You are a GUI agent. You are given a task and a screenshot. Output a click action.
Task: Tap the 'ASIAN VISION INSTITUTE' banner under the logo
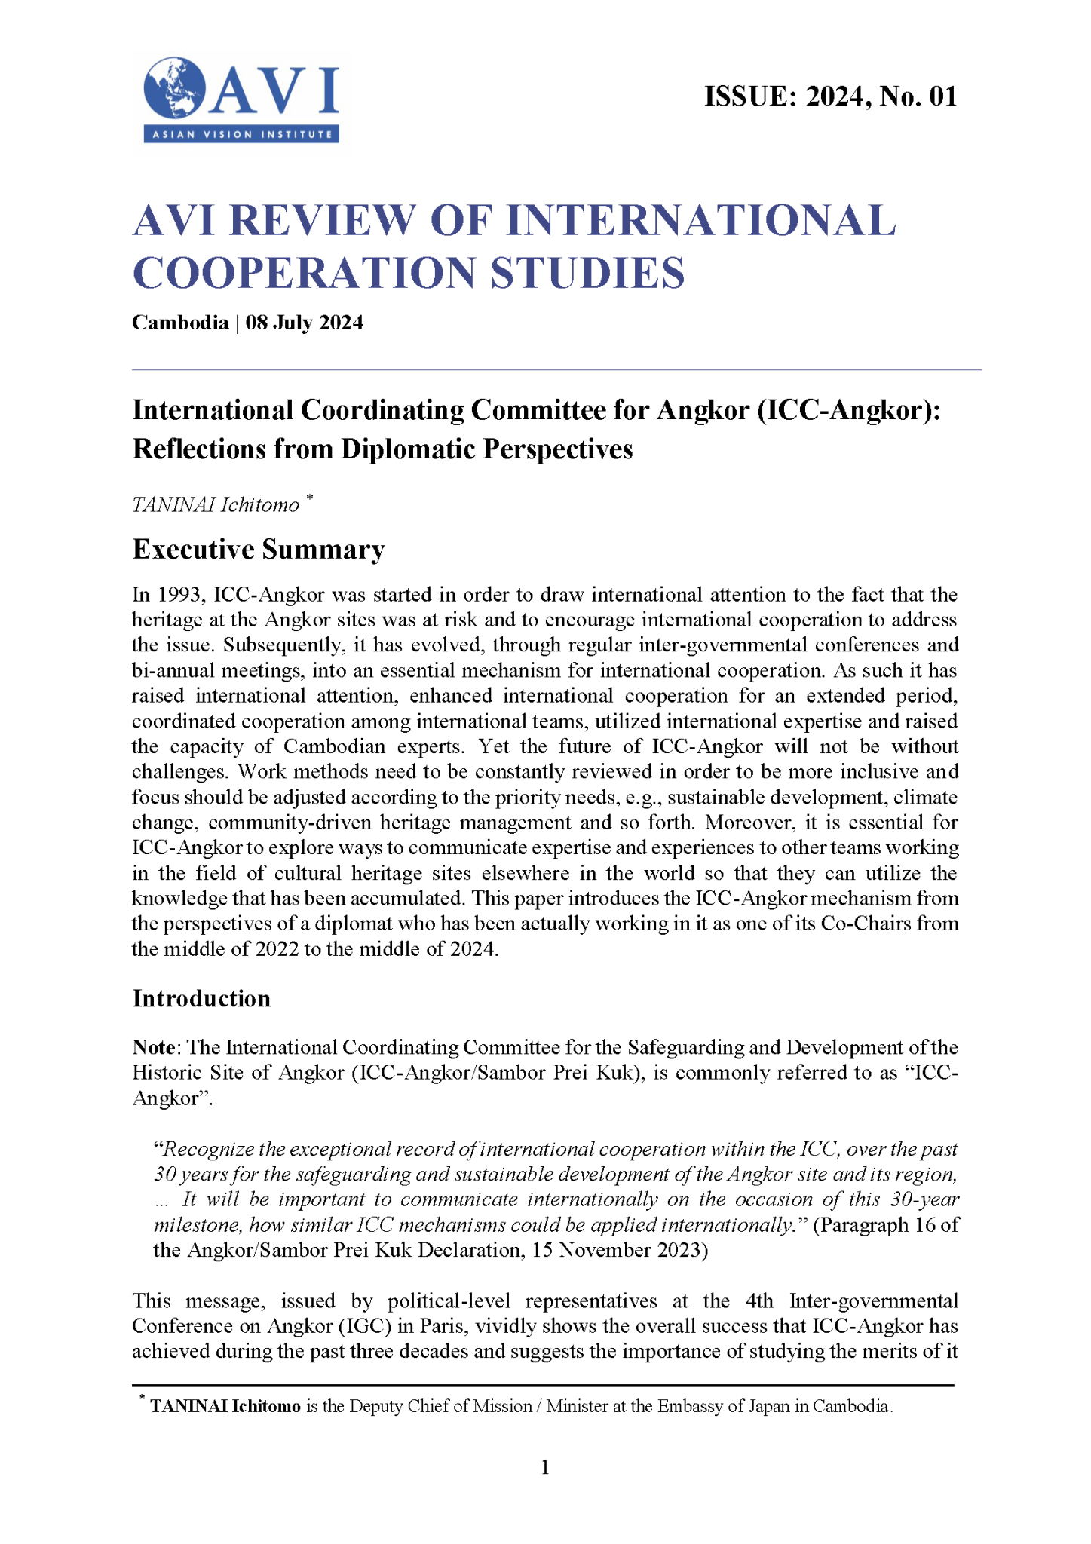point(241,135)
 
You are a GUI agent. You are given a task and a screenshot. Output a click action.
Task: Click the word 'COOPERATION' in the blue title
point(305,273)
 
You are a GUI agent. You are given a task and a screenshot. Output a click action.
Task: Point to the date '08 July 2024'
point(305,323)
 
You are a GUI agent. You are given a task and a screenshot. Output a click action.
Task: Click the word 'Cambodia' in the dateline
point(180,323)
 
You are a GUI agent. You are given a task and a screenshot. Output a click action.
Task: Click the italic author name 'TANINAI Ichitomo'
point(216,505)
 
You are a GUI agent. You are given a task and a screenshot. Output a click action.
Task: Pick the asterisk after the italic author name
point(309,498)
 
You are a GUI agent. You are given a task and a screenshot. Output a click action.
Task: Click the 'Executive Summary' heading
point(259,550)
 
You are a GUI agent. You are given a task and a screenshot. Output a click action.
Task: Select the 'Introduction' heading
point(201,998)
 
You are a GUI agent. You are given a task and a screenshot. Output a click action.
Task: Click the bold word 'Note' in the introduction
point(155,1048)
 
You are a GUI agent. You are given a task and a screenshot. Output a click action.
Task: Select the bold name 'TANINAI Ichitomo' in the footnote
point(225,1406)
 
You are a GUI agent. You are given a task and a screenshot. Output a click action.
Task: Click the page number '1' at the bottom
point(545,1467)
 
